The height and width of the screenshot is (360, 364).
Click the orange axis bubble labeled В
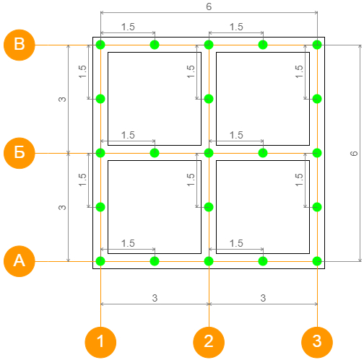click(19, 45)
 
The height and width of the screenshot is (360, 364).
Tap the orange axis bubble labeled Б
click(19, 153)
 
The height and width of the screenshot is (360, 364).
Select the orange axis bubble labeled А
click(19, 261)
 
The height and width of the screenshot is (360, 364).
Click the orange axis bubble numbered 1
click(100, 343)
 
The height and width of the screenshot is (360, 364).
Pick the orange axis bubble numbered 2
click(209, 343)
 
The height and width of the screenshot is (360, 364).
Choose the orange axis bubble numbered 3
click(317, 343)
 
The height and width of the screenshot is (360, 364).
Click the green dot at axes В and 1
click(100, 45)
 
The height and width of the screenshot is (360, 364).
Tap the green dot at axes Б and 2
click(209, 153)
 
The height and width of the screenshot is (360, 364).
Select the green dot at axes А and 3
click(317, 261)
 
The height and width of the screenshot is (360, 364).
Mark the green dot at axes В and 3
click(317, 45)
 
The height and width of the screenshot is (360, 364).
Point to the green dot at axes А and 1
click(100, 261)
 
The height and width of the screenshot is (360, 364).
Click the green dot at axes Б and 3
click(317, 153)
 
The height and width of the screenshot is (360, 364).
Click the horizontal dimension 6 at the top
click(209, 6)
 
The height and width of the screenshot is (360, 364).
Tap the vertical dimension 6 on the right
click(354, 153)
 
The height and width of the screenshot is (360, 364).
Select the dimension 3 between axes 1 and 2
click(155, 298)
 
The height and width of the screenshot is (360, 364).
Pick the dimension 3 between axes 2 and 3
click(263, 298)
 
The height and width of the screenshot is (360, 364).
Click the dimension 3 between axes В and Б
click(62, 99)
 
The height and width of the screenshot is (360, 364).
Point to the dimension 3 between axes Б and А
click(62, 207)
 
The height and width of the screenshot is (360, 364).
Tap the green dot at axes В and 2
click(209, 45)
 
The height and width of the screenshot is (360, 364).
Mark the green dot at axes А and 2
click(209, 261)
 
